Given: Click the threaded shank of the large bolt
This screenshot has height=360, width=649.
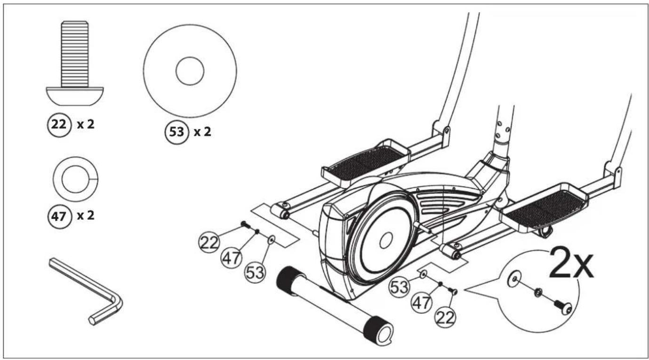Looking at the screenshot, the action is (x=75, y=54).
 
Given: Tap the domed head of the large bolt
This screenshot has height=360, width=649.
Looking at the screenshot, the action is (x=75, y=96).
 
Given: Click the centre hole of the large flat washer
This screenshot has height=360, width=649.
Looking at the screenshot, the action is (x=190, y=71).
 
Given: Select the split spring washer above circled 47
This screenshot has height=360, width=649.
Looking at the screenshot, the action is (x=76, y=179).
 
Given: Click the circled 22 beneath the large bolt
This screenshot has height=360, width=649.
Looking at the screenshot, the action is (x=59, y=125).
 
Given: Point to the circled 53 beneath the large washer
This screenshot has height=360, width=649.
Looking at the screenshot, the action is (x=177, y=132).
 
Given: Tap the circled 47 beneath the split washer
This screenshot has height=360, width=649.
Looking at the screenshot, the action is (x=59, y=216).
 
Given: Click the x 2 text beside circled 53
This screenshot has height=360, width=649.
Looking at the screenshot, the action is (x=202, y=132).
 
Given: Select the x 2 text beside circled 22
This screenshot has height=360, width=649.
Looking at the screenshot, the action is (x=86, y=125).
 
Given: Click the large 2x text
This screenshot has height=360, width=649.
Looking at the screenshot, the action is (x=571, y=263).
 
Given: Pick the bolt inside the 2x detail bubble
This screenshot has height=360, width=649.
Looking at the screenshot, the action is (x=563, y=307).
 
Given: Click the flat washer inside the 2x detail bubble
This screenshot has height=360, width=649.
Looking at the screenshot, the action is (x=514, y=279).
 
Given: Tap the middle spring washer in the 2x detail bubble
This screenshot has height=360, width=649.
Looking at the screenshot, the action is (x=538, y=293).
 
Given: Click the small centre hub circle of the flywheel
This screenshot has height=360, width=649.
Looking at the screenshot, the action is (x=386, y=240).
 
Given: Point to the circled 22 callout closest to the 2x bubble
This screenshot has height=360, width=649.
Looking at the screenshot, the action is (x=445, y=318).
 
